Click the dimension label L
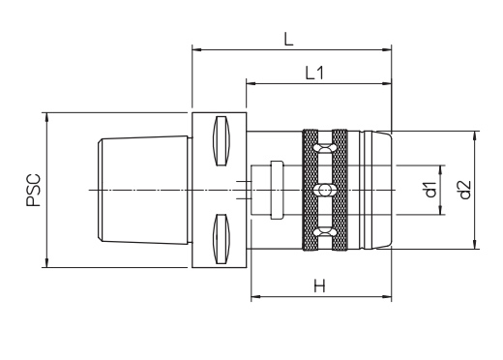(288, 39)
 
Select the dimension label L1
(314, 74)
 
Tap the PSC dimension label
(34, 190)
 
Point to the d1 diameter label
(430, 190)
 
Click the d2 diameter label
(464, 190)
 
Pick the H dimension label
(319, 285)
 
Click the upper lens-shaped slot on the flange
(222, 140)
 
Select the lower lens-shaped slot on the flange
(222, 239)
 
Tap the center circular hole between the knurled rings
(324, 190)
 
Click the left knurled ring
(311, 190)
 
